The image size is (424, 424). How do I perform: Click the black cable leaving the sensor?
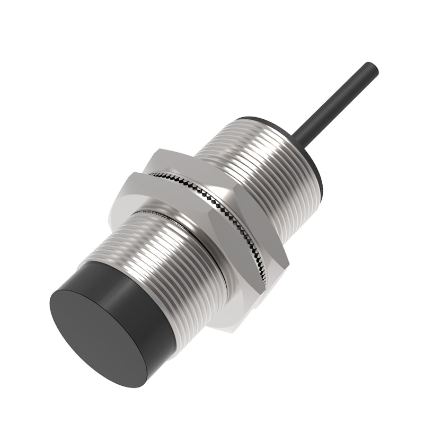(339, 101)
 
